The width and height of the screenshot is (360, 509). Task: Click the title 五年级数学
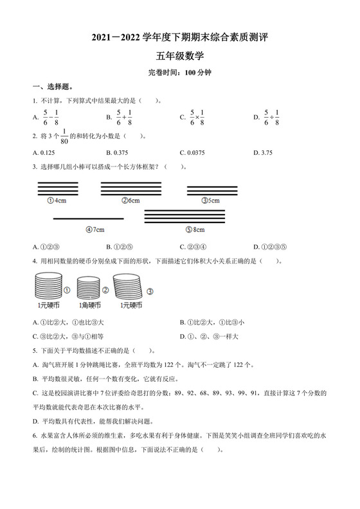pos(179,57)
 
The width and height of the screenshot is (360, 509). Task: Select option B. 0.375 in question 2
pos(121,152)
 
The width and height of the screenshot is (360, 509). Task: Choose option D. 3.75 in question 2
pos(265,152)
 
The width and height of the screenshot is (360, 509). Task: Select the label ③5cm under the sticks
pos(211,201)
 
